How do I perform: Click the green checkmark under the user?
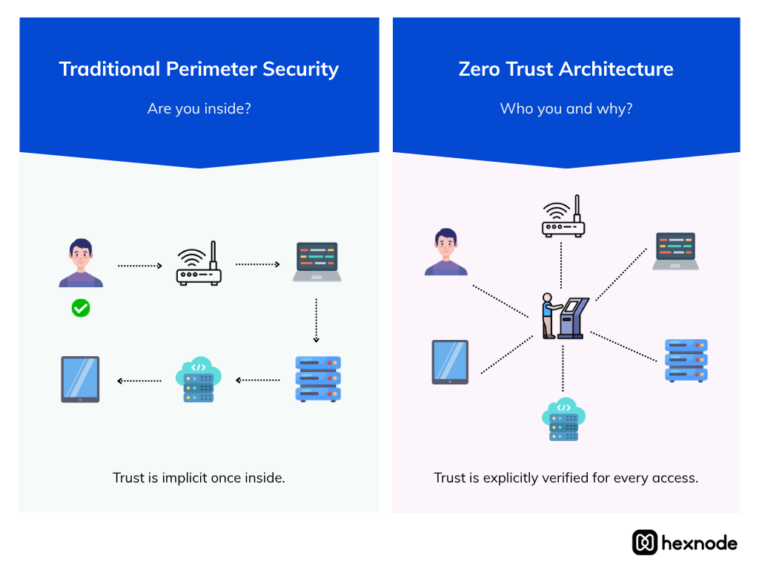[81, 308]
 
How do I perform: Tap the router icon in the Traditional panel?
[199, 264]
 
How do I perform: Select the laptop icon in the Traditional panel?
[316, 262]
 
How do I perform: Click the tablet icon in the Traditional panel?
[80, 379]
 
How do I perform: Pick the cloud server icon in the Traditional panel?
[199, 380]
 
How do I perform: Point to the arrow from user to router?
[139, 265]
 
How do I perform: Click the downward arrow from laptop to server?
[316, 320]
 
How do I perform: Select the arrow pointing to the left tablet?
[139, 381]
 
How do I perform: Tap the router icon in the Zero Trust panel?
[563, 217]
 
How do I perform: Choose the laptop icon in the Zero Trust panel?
[675, 251]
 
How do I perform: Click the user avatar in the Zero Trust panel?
[445, 252]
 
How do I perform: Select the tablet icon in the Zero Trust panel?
[450, 362]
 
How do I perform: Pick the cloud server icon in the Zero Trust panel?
[563, 419]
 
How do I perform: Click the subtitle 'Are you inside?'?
[199, 108]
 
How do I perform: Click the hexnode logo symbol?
[645, 543]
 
